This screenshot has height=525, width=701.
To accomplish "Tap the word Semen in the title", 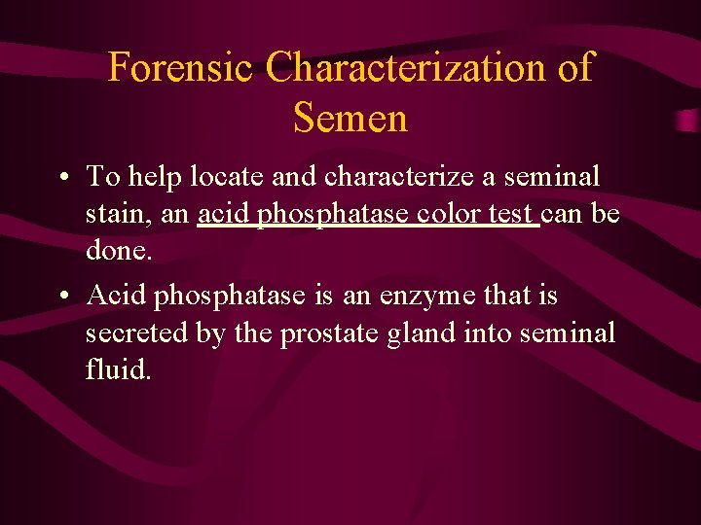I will tap(350, 119).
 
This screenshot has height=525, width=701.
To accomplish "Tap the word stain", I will tap(117, 213).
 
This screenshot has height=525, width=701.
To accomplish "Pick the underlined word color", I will tap(451, 213).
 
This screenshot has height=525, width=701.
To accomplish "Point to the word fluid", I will tap(118, 370).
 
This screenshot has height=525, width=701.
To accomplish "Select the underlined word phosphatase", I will tap(331, 213).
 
